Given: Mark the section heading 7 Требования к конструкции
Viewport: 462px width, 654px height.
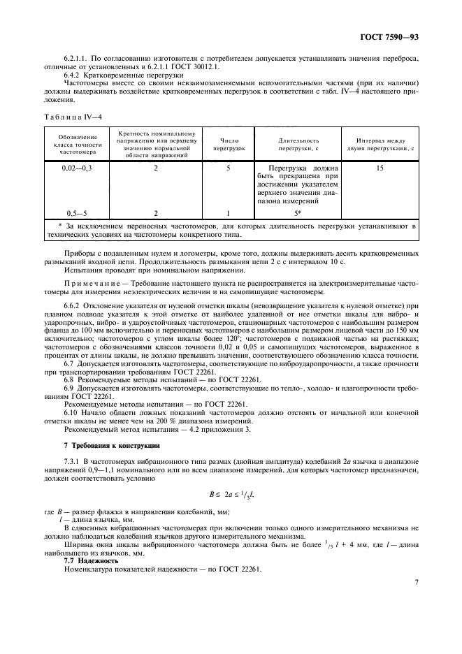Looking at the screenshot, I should [102, 445].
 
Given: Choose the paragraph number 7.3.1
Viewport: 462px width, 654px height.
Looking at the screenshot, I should [73, 463].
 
